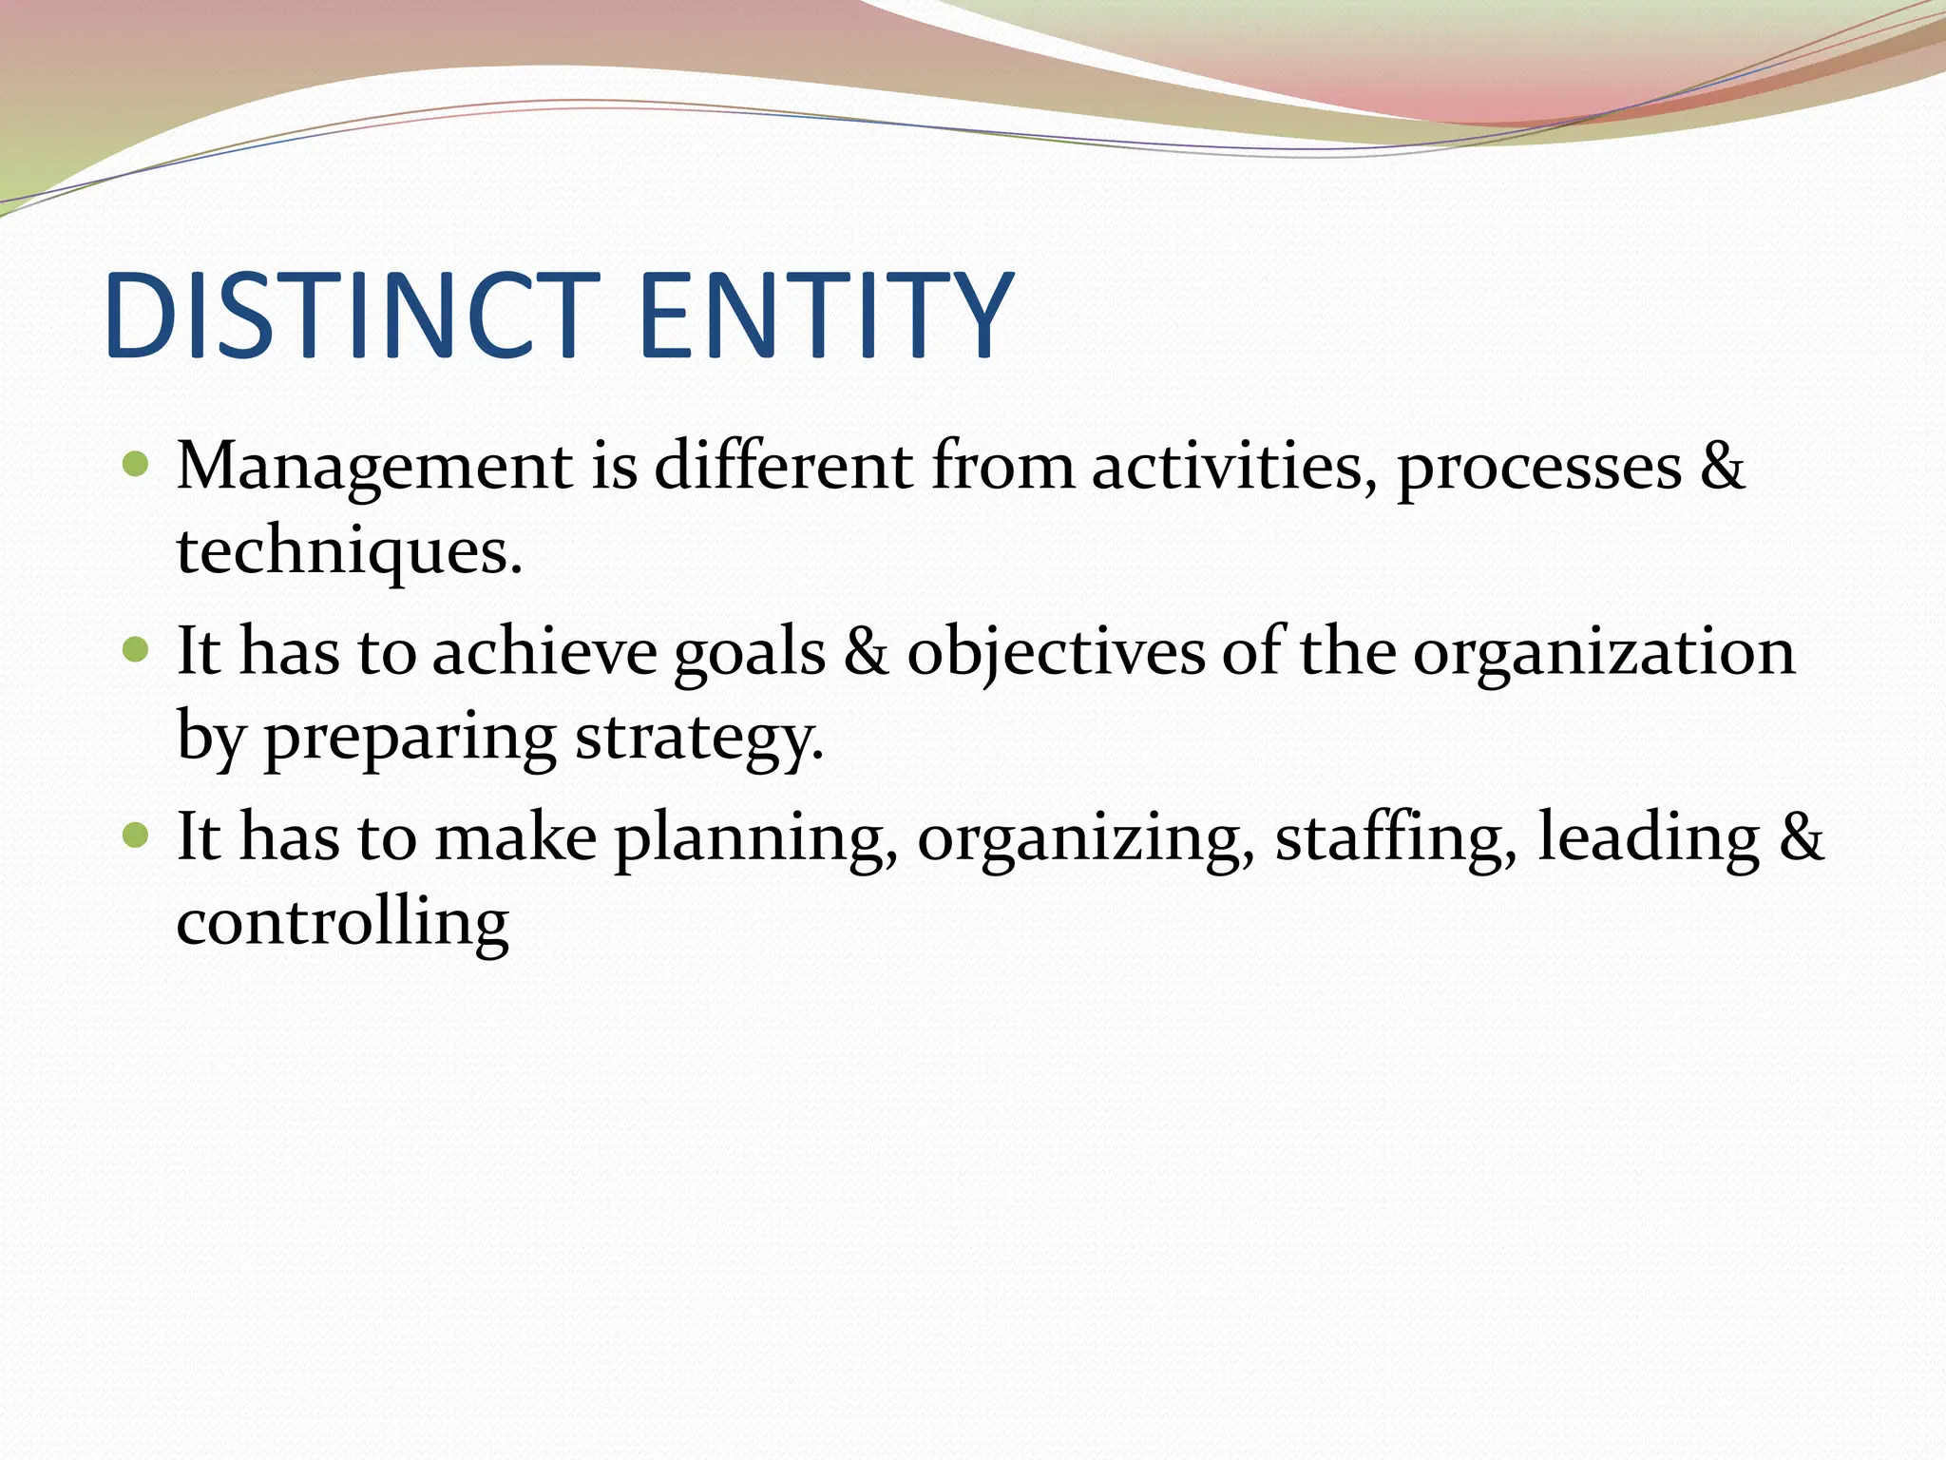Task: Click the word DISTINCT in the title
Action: tap(352, 316)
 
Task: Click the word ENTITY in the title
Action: tap(826, 316)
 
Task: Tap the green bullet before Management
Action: tap(137, 465)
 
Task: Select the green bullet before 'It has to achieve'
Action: tap(137, 650)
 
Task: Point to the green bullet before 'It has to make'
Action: tap(137, 836)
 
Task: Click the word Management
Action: tap(375, 468)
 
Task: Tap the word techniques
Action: tap(349, 553)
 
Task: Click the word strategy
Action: tap(698, 740)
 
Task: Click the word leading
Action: tap(1648, 838)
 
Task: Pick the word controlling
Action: tap(343, 923)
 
